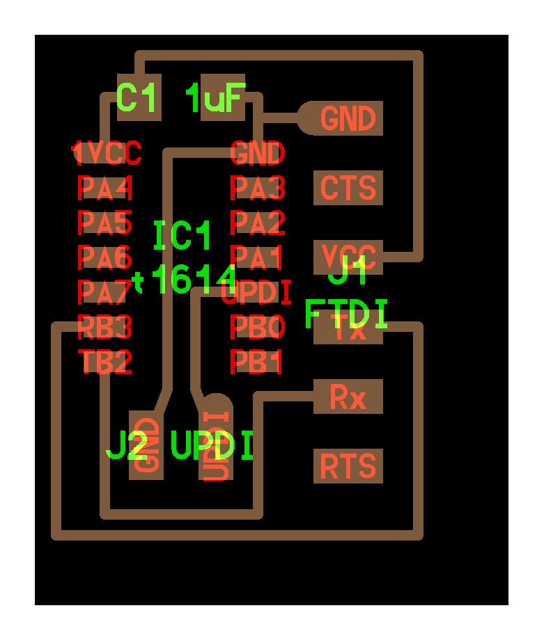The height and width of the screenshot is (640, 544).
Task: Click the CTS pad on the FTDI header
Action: point(348,188)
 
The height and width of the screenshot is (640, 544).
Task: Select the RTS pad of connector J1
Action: point(348,466)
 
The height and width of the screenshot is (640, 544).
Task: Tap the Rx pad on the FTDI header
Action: point(348,397)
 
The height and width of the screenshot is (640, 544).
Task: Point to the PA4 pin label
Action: point(104,187)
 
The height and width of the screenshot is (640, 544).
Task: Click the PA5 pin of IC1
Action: point(104,223)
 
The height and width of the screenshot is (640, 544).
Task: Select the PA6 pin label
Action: point(104,257)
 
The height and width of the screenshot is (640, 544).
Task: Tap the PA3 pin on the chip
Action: point(258,187)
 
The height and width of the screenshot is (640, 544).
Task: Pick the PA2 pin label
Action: point(258,223)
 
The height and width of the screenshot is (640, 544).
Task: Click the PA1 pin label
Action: point(258,258)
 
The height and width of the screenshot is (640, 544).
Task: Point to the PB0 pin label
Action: point(258,327)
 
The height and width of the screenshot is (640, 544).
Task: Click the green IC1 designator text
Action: point(182,237)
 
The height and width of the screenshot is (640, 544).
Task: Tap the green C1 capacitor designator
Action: point(138,98)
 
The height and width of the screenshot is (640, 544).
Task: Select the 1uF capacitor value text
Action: point(215,98)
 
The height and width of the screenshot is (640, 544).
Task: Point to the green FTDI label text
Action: point(346,314)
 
